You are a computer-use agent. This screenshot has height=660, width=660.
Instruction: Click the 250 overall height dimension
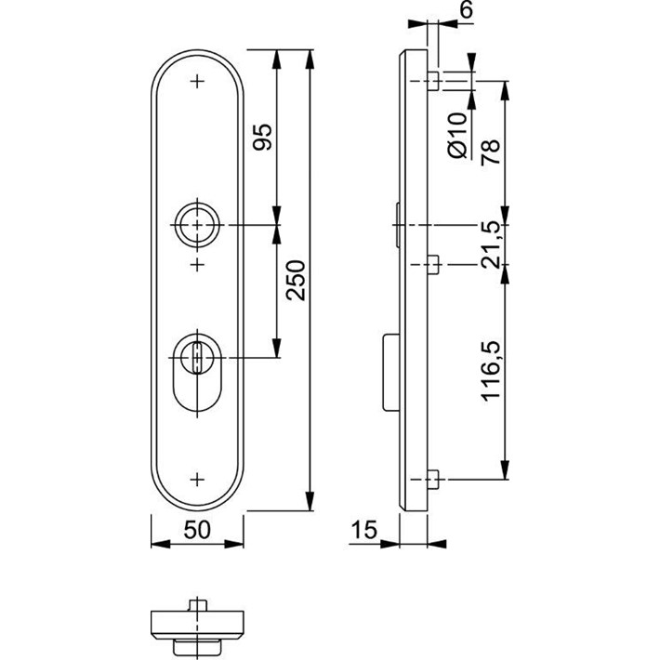[296, 280]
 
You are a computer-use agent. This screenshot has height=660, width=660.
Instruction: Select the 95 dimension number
[262, 138]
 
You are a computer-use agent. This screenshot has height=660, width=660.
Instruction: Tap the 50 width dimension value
[197, 530]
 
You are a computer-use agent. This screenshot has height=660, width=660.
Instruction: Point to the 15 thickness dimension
[364, 530]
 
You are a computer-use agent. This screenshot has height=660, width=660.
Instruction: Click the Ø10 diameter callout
[458, 136]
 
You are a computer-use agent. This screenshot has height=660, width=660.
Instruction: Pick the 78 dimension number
[491, 152]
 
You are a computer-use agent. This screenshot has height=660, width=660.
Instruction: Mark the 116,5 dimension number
[491, 370]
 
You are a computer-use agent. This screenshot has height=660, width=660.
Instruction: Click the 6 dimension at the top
[466, 9]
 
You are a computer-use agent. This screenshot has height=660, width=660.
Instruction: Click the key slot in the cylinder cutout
[196, 358]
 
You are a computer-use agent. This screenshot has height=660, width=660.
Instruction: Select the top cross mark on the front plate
[197, 81]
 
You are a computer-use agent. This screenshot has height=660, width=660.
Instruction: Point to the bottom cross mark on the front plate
[197, 480]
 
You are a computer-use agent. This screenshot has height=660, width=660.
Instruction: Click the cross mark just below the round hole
[197, 265]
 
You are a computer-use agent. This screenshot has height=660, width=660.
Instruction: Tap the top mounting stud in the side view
[433, 81]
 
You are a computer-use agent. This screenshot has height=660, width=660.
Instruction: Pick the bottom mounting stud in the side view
[433, 480]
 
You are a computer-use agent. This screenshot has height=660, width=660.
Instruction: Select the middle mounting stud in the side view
[433, 264]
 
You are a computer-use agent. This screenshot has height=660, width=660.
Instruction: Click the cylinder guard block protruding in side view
[391, 372]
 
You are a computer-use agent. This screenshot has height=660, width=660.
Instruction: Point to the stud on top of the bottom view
[197, 605]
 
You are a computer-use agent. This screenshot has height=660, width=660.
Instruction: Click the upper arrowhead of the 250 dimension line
[310, 59]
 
